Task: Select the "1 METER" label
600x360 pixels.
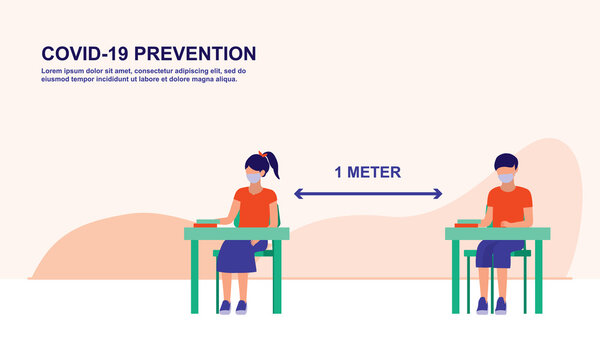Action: (x=368, y=172)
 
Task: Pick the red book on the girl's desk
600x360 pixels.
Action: (x=207, y=223)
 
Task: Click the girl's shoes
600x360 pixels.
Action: (x=232, y=307)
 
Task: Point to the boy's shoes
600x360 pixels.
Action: (x=491, y=305)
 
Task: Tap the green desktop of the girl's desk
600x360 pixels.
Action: (x=236, y=233)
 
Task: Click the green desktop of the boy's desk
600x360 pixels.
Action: (x=497, y=233)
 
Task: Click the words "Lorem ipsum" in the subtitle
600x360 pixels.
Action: (x=61, y=72)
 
